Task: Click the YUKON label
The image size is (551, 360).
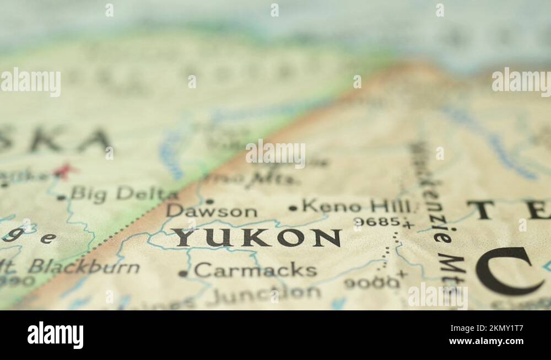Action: [x=256, y=238]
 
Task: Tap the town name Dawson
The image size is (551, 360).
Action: [x=212, y=211]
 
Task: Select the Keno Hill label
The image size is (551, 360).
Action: [x=356, y=207]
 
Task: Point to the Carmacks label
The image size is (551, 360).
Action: [x=255, y=270]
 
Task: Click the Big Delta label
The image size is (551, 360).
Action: [x=124, y=194]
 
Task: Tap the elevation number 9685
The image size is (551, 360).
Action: [x=377, y=222]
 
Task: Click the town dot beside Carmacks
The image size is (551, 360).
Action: [x=183, y=273]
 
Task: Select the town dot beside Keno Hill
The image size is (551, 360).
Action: [x=293, y=208]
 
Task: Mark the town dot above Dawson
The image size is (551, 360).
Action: [x=209, y=201]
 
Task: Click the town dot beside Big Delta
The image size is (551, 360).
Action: [x=60, y=197]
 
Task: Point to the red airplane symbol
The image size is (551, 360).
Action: [x=65, y=170]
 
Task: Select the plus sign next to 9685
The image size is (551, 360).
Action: [x=408, y=224]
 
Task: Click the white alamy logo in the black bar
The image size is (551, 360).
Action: [x=56, y=335]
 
